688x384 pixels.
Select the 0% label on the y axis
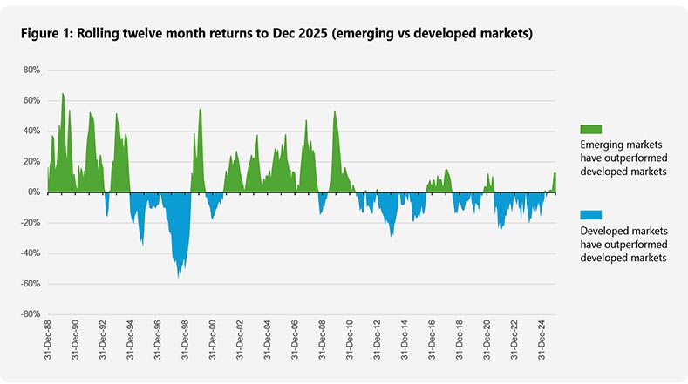[x=33, y=192]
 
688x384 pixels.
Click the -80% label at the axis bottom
[x=29, y=314]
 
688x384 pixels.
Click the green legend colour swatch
[x=590, y=129]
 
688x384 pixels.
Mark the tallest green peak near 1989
[x=63, y=95]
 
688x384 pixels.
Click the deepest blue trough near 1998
[x=179, y=275]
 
